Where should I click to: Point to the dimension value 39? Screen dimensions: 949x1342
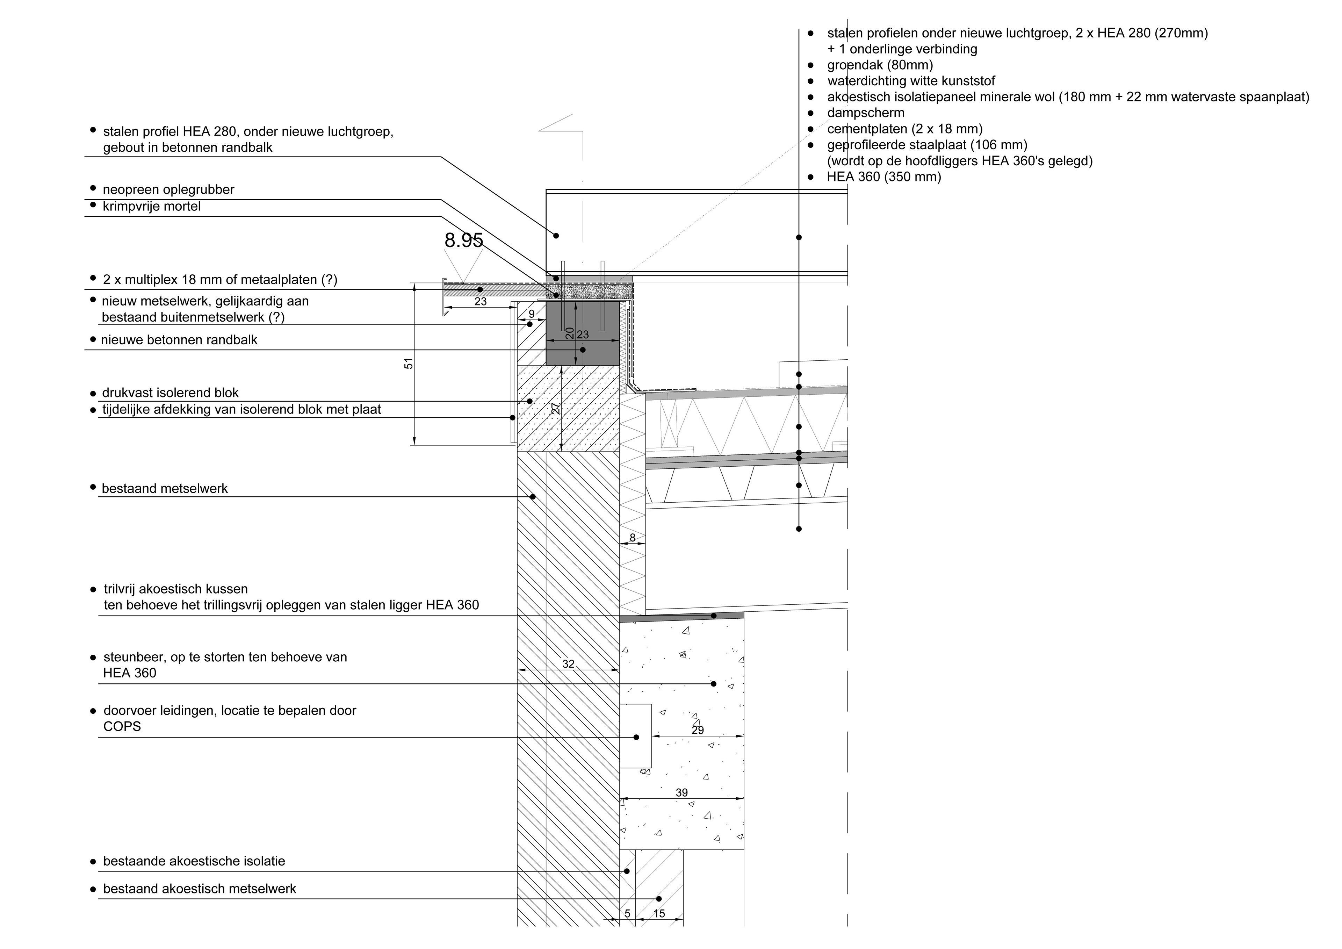[x=681, y=793]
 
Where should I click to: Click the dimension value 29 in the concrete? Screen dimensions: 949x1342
[x=697, y=730]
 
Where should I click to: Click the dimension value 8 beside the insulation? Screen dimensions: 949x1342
[x=633, y=538]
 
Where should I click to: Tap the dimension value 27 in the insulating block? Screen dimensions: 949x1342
[x=556, y=408]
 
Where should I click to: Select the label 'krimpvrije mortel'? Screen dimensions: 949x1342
[x=151, y=207]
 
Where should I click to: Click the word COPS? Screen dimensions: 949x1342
[x=122, y=727]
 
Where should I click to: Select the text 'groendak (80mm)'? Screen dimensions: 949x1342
[x=880, y=65]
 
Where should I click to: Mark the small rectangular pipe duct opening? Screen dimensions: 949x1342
[x=635, y=736]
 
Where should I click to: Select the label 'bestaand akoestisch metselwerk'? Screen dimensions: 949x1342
[x=199, y=889]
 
